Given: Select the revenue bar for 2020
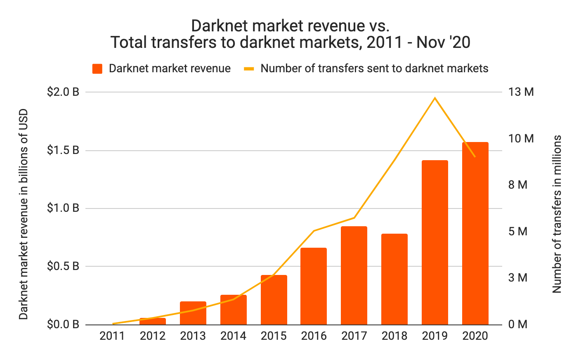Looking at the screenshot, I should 475,233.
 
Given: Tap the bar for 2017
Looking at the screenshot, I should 354,275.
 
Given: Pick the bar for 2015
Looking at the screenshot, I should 274,300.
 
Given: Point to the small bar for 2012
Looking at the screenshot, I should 153,321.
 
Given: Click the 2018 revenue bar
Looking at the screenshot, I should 394,279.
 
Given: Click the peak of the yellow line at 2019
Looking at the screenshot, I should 435,98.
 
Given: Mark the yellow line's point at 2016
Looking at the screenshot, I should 314,231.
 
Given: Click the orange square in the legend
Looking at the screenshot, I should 97,69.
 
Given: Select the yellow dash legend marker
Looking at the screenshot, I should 249,69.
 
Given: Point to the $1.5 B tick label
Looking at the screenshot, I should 63,150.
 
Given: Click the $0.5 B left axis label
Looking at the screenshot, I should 63,266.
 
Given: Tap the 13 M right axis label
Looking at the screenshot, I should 521,92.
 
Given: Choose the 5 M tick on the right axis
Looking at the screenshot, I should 518,232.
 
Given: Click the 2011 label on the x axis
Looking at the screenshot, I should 112,336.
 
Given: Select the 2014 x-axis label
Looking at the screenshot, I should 233,336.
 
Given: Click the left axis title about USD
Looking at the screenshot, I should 24,214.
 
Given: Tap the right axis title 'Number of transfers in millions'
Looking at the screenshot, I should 557,214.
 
